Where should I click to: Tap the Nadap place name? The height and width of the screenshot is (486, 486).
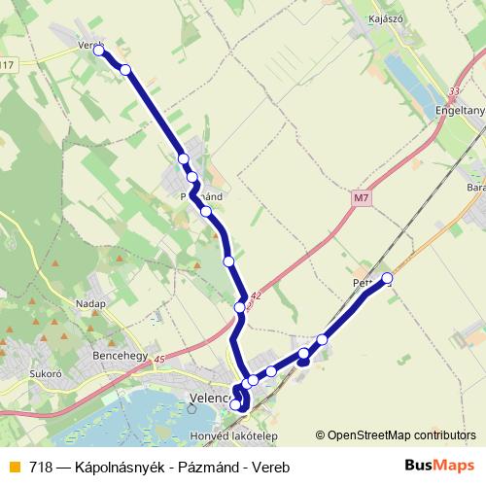point(89,303)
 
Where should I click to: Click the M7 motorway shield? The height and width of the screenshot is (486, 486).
point(362,198)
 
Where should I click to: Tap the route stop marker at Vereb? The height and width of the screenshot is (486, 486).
point(98,49)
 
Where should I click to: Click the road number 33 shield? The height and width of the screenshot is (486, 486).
point(455,91)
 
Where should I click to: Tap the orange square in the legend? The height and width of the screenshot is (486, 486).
point(14,467)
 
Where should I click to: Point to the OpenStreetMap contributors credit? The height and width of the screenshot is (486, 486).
point(400,434)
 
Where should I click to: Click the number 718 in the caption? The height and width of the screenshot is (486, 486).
point(41,467)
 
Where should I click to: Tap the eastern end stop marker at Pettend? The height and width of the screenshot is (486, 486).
point(388,279)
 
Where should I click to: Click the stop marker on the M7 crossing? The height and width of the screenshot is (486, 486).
point(240,308)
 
